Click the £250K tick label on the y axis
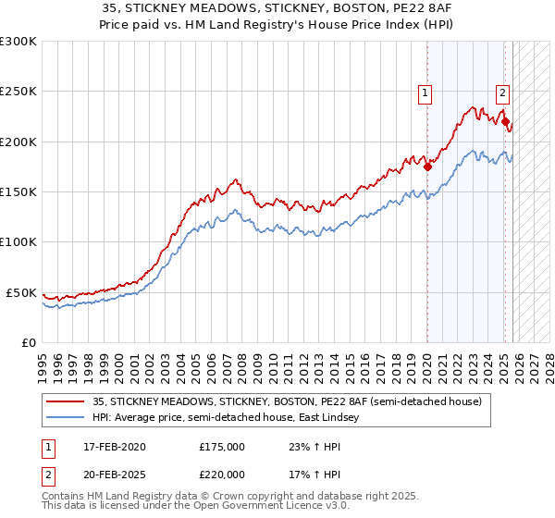18,92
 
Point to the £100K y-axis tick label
18,241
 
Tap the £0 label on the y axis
30,342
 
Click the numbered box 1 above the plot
425,92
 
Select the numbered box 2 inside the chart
502,92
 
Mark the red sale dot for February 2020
427,167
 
